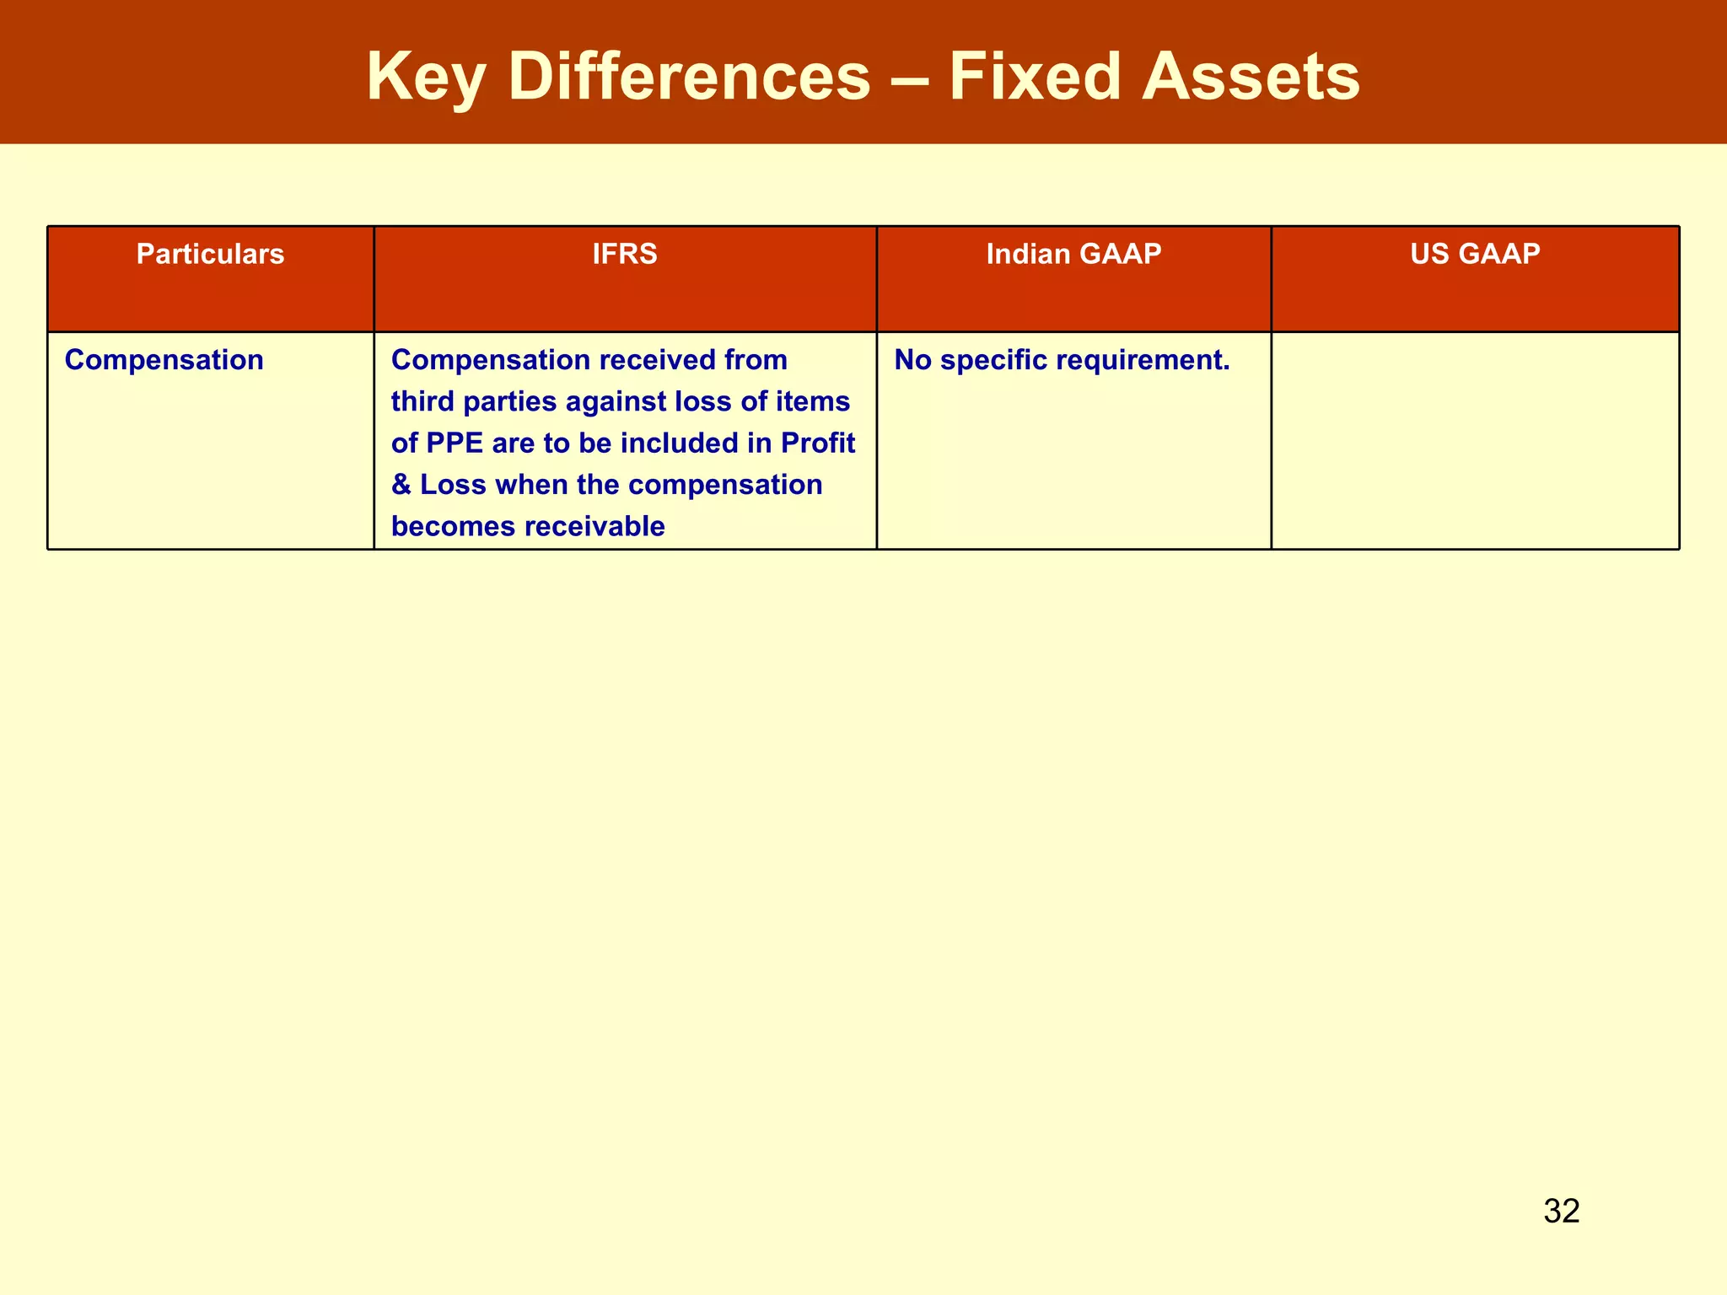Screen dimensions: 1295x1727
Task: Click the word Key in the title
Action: click(x=425, y=78)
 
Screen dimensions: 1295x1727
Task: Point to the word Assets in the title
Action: click(x=1251, y=78)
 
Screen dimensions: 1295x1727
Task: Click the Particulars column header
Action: click(x=210, y=254)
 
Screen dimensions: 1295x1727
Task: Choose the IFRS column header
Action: click(x=625, y=254)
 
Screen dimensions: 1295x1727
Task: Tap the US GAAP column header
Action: click(x=1475, y=254)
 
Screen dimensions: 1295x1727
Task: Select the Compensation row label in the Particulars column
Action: click(x=164, y=360)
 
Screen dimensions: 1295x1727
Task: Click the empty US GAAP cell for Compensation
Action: click(x=1475, y=440)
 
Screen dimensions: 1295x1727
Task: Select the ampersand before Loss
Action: click(x=401, y=485)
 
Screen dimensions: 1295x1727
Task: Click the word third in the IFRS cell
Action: click(x=423, y=401)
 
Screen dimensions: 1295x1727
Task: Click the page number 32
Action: click(x=1561, y=1212)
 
